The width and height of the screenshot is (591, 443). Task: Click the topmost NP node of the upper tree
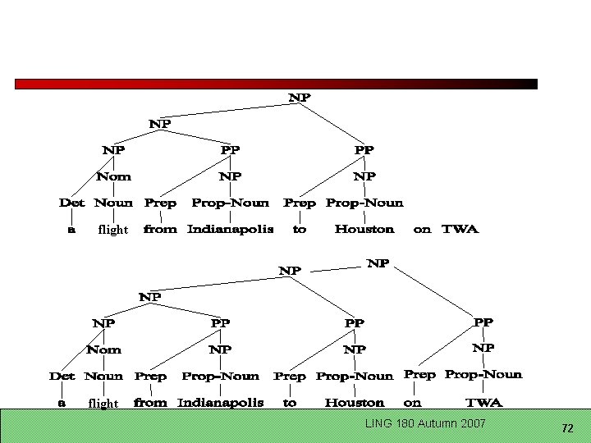click(x=300, y=98)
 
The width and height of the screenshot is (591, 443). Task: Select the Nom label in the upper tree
click(x=113, y=176)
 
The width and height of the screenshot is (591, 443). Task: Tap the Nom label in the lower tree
click(x=103, y=349)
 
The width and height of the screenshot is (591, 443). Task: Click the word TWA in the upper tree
click(x=460, y=230)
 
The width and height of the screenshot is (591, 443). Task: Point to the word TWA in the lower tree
click(x=483, y=403)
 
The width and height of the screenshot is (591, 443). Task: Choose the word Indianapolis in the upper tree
click(x=230, y=230)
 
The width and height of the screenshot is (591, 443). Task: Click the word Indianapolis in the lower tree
click(x=220, y=403)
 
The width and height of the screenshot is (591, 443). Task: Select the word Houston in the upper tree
click(x=364, y=230)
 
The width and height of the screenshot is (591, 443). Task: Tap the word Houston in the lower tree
click(x=354, y=403)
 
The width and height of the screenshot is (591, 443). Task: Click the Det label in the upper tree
click(x=71, y=203)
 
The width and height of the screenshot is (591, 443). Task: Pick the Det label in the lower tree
click(x=62, y=376)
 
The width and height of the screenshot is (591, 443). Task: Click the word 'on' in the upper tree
click(x=422, y=230)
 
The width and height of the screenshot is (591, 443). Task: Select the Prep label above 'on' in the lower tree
click(x=419, y=374)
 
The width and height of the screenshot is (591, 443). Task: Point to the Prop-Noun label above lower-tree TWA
click(x=483, y=374)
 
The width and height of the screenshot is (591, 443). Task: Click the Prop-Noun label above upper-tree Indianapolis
click(x=230, y=203)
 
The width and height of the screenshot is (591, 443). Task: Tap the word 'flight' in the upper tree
click(x=112, y=231)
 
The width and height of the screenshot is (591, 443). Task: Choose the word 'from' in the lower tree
click(x=150, y=403)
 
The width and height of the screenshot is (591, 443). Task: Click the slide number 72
click(x=566, y=428)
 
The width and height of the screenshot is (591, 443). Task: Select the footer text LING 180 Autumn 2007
click(x=425, y=423)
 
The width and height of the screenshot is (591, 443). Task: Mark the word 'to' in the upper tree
click(x=300, y=230)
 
